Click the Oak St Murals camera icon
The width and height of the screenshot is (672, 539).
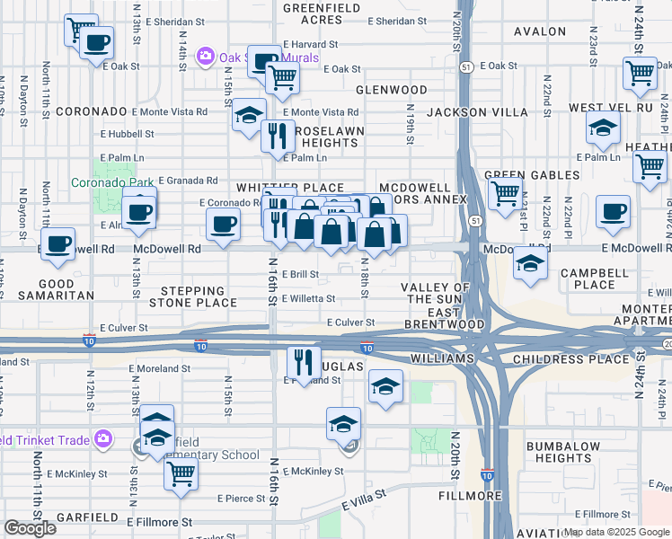[206, 57]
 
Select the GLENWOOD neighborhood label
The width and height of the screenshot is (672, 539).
[391, 90]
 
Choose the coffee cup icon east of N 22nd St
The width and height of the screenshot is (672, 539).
[614, 212]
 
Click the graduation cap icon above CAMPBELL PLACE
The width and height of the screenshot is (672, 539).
[530, 263]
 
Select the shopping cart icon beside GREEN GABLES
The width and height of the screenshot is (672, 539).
[506, 191]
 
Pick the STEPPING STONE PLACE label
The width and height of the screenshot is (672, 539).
[192, 297]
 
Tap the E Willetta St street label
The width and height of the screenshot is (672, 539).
[309, 299]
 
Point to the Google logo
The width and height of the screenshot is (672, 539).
[30, 528]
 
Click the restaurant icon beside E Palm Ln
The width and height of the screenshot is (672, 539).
[278, 136]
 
